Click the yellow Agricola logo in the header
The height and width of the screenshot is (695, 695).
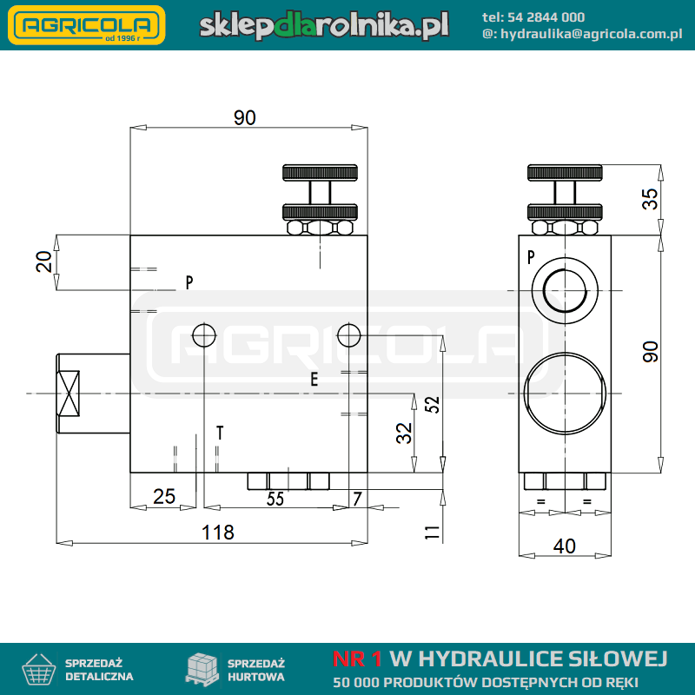(x=86, y=25)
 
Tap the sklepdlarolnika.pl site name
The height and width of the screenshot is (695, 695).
(x=324, y=25)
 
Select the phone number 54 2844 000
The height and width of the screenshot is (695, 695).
(x=546, y=17)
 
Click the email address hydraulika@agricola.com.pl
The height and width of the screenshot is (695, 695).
(x=592, y=34)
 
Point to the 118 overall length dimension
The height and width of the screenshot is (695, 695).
(x=218, y=533)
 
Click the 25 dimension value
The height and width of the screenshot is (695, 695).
(x=164, y=496)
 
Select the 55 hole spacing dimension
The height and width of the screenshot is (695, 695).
(x=275, y=499)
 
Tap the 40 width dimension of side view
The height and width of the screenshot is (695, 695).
(x=564, y=546)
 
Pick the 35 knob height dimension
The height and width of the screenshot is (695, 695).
(x=650, y=199)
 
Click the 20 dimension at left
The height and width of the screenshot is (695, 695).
(x=44, y=261)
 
